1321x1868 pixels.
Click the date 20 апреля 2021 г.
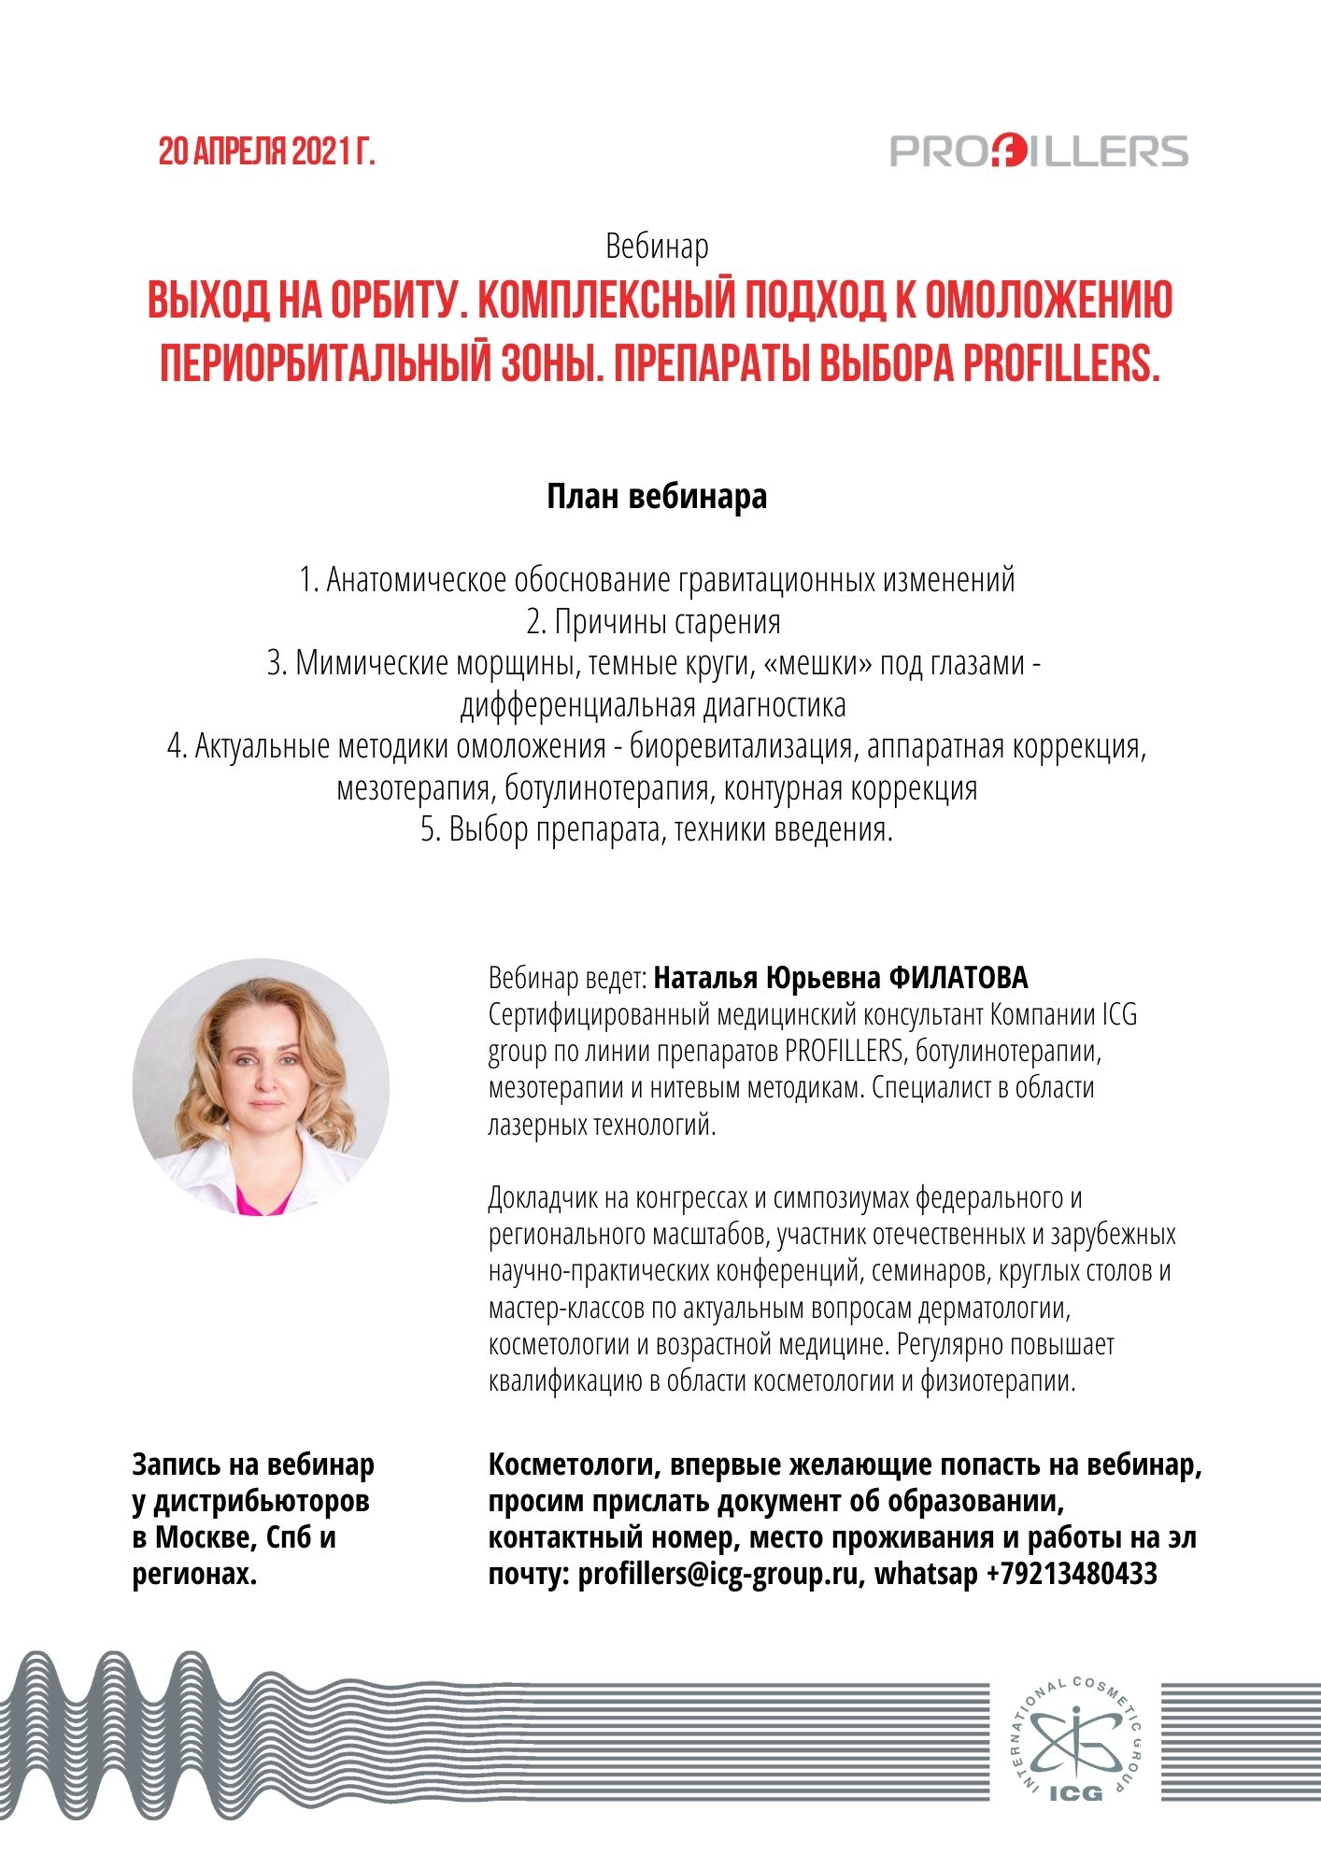point(266,151)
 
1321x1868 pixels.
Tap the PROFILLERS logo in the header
point(1039,151)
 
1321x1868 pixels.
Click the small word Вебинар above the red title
point(657,247)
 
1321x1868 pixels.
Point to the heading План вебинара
point(657,496)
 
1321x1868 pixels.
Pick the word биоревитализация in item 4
point(741,746)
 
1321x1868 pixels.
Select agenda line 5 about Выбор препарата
point(657,829)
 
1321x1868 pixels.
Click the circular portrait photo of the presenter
point(261,1086)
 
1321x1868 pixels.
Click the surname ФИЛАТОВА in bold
point(958,978)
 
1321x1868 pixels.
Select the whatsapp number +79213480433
point(1072,1574)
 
